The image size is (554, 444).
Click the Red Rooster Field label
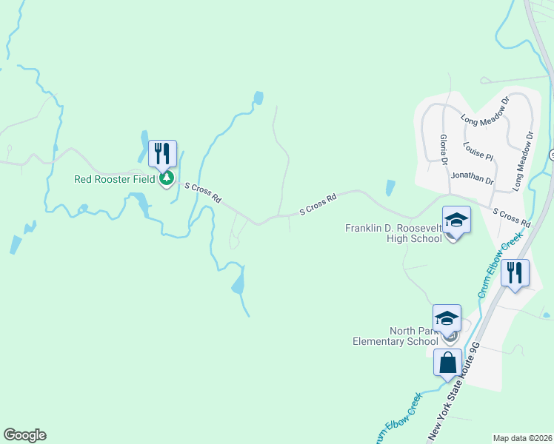[115, 179]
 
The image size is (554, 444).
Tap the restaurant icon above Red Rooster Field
[162, 154]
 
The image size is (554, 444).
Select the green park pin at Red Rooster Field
[167, 178]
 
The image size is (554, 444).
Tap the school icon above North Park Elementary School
[447, 318]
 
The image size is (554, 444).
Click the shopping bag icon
[447, 363]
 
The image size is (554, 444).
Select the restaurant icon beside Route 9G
[515, 272]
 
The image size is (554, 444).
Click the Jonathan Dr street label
[472, 179]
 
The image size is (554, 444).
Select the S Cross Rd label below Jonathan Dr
[512, 218]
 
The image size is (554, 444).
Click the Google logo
[24, 435]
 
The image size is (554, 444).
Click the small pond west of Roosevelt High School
[390, 188]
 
